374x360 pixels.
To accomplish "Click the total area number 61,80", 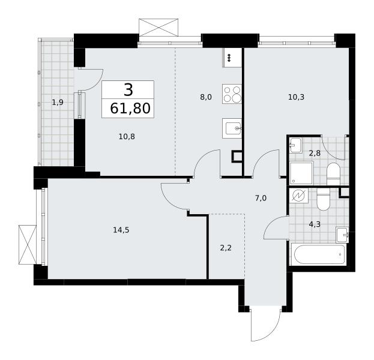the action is click(130, 109).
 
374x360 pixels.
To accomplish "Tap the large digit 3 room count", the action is click(128, 90).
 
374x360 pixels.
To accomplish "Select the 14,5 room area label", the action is click(121, 230).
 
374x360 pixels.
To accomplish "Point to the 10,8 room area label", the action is click(127, 137).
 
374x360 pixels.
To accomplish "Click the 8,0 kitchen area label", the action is click(206, 97).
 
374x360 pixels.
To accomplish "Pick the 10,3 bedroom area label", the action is click(296, 97).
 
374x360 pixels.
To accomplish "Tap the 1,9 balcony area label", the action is click(58, 103).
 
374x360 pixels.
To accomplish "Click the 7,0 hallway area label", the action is click(261, 198).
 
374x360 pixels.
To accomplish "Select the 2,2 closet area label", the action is click(226, 248).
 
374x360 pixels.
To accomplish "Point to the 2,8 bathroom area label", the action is click(315, 153).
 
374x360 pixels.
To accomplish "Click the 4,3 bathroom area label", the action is click(315, 224).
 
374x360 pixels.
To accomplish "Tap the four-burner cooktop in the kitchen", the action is click(232, 94).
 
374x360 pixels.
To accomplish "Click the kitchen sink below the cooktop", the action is click(232, 128).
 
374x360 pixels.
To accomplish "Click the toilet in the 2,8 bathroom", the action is click(333, 173).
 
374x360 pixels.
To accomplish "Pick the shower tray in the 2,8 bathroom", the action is click(301, 173).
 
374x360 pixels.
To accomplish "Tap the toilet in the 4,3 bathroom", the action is click(323, 199).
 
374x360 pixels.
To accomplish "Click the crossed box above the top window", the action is click(158, 28).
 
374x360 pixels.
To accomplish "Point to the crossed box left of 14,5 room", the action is click(28, 245).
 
